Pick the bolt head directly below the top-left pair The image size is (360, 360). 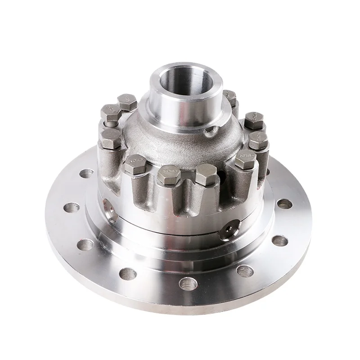point(109,137)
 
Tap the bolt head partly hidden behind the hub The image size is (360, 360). point(229,96)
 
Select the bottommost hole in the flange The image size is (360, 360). point(185,284)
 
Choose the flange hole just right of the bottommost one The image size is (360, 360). point(244,270)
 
